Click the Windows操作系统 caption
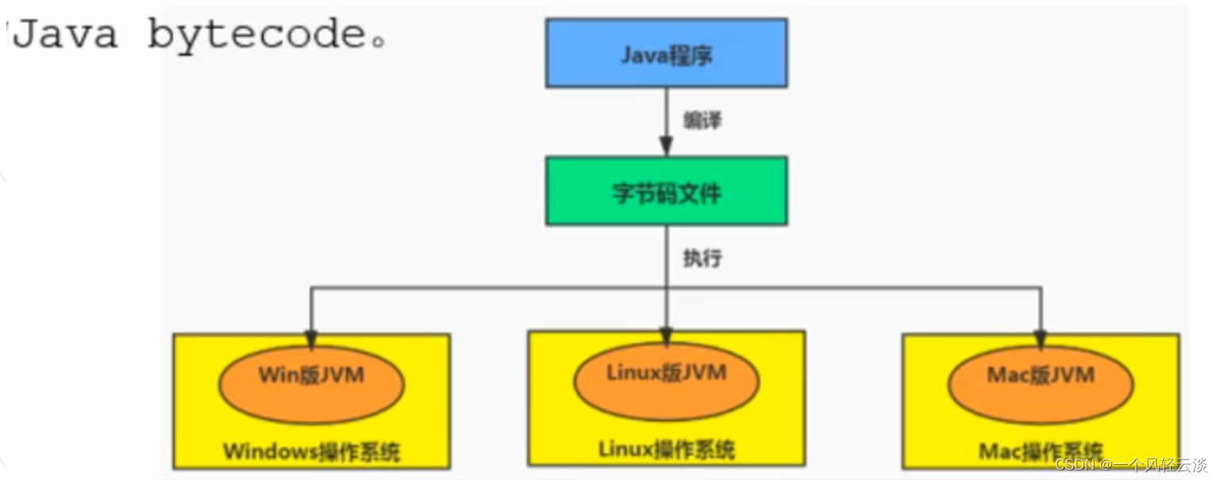coord(311,452)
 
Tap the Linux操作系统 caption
coord(666,450)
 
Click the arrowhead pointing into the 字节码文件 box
coord(666,147)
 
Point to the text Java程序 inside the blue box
coord(666,56)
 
